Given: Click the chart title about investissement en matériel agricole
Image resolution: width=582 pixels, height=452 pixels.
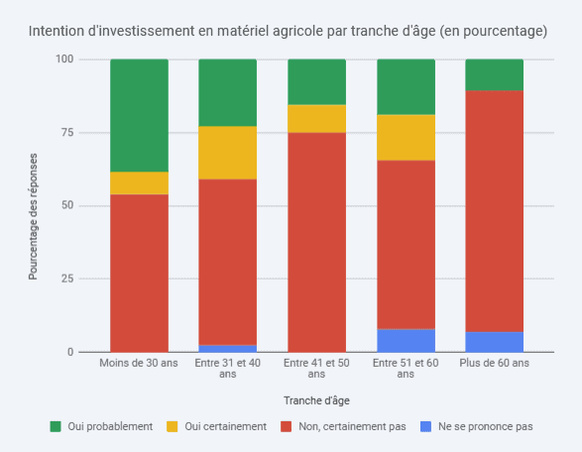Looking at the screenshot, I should (288, 31).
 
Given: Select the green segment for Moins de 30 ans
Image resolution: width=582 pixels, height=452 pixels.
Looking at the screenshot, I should (139, 115).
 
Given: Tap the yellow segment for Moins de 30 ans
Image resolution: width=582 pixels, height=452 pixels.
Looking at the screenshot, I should (139, 183).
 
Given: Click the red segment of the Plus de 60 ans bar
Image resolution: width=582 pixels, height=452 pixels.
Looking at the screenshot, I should (494, 211).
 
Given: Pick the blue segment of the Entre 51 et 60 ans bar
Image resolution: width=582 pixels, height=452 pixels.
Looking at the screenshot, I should (406, 340).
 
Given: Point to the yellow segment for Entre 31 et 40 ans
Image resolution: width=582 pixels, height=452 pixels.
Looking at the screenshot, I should (227, 153).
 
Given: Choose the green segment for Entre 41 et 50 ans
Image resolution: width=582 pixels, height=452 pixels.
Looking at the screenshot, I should (316, 81).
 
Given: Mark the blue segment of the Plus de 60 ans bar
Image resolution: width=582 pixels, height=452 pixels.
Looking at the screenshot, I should (494, 342).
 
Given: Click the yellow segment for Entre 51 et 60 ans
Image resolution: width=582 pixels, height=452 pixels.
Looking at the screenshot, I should (406, 137).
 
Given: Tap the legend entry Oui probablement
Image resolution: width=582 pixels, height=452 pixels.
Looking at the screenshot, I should (101, 426).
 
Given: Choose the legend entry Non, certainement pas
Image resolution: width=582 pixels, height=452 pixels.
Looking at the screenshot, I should (344, 426).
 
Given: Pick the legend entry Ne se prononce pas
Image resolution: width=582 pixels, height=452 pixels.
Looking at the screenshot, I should (478, 426).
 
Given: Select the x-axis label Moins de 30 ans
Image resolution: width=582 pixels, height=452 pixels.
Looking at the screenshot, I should (139, 364).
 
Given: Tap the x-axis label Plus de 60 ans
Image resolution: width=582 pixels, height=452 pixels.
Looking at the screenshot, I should (494, 364).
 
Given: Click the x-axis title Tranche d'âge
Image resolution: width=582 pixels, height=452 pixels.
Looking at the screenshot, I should (316, 400).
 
